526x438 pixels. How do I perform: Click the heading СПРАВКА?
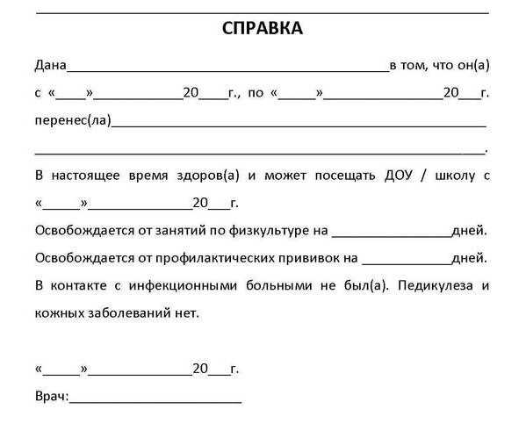click(263, 29)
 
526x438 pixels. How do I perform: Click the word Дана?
click(50, 65)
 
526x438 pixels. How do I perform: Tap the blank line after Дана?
click(227, 68)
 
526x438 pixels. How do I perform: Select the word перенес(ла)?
click(73, 120)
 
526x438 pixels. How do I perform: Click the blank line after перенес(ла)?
click(299, 124)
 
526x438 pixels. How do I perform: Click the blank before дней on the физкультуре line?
click(391, 234)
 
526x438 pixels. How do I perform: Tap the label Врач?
click(51, 397)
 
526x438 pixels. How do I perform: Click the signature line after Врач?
click(155, 400)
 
